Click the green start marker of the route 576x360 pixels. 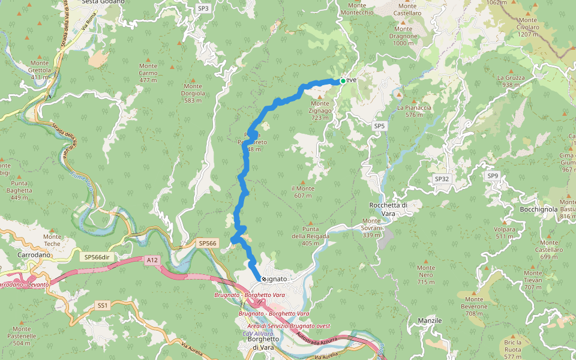343,81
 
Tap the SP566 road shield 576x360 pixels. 207,243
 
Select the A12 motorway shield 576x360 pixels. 152,260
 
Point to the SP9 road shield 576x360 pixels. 493,176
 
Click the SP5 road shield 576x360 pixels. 379,126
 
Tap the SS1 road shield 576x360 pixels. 103,305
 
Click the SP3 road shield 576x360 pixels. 203,8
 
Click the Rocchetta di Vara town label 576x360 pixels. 389,209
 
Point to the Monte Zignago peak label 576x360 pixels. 319,107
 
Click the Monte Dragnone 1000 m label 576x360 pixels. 403,36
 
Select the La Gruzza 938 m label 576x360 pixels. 511,81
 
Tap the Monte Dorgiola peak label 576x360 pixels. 193,93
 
